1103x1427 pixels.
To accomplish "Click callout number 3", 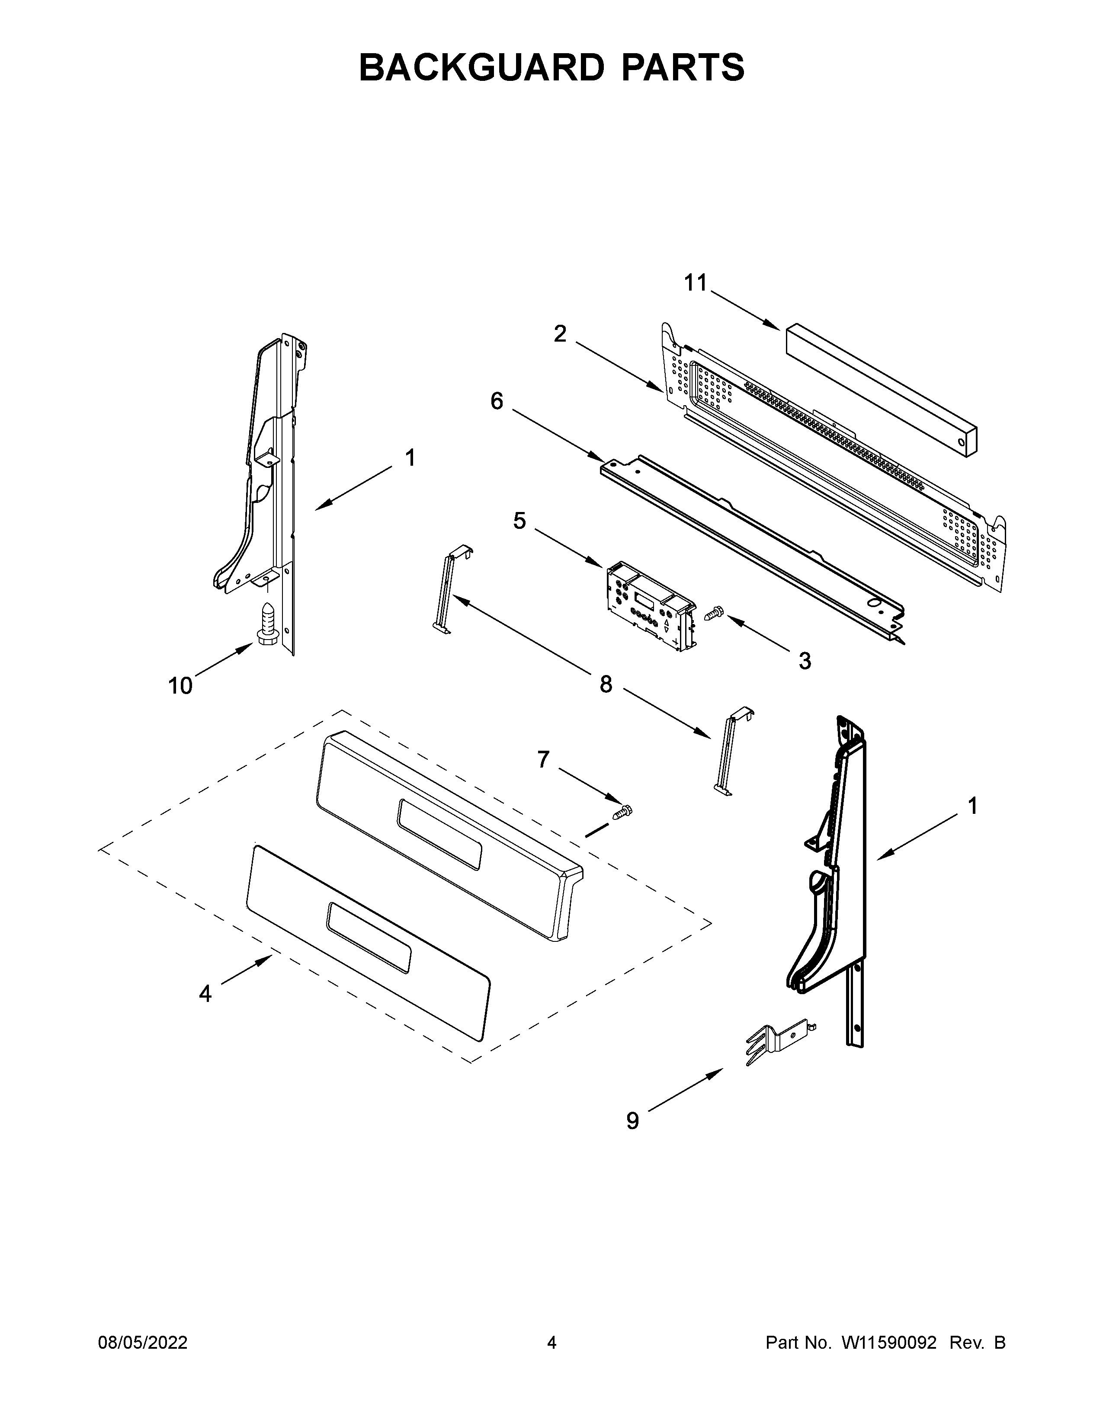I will pos(805,661).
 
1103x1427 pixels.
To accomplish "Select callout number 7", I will pos(543,759).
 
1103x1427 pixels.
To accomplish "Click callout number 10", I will pos(180,686).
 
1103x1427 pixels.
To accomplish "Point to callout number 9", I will pos(632,1121).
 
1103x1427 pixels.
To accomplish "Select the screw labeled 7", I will pos(623,812).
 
